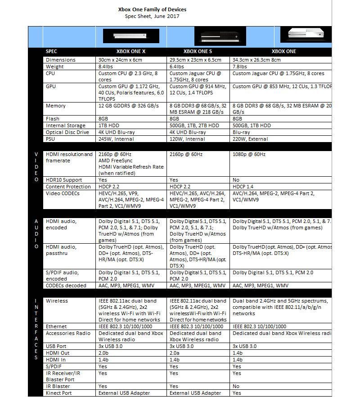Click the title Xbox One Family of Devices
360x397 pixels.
tap(152, 9)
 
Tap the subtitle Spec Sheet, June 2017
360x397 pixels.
tap(152, 16)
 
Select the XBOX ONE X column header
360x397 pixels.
tap(130, 51)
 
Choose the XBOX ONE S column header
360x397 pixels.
tap(198, 51)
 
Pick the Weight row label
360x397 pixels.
tap(54, 67)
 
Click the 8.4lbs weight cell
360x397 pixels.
tap(106, 67)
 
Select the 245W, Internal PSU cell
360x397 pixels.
tap(116, 139)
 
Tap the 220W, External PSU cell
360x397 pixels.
tap(250, 139)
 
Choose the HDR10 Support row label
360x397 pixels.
tap(63, 180)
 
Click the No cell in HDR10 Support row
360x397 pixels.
tap(236, 180)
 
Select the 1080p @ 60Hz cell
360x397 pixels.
tap(249, 154)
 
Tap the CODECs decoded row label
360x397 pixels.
tap(66, 285)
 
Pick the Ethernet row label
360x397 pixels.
tap(56, 326)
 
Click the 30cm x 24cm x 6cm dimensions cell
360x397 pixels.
tap(120, 60)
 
